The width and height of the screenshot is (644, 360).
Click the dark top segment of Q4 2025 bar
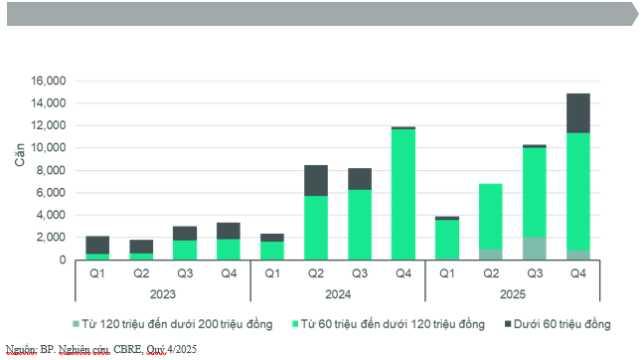577,113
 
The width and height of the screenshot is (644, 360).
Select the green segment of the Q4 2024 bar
402,195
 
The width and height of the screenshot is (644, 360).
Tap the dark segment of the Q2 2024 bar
315,181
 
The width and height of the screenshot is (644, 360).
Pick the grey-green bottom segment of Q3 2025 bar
534,249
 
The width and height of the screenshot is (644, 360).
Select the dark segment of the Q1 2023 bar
97,245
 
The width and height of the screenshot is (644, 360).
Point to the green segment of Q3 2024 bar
359,225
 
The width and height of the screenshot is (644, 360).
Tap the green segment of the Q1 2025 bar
446,239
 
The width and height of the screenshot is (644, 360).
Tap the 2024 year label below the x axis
337,294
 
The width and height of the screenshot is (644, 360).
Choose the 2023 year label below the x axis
162,294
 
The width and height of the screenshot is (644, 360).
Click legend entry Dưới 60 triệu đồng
557,323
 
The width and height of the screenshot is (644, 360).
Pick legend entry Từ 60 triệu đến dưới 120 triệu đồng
394,323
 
